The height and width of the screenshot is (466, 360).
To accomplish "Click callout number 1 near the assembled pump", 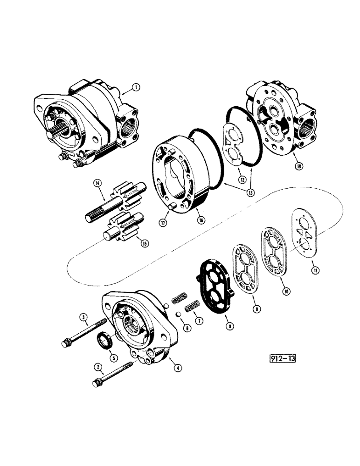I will pyautogui.click(x=135, y=87).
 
